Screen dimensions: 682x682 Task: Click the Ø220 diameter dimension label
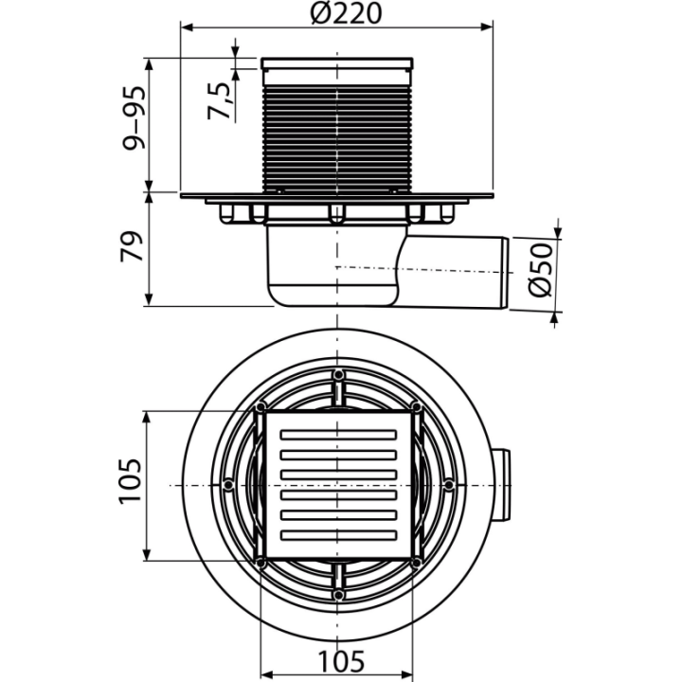(347, 13)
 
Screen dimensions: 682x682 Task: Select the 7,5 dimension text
(220, 100)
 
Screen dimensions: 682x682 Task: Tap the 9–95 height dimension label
(134, 118)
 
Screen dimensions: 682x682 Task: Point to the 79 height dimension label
(132, 246)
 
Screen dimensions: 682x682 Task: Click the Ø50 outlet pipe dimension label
(540, 270)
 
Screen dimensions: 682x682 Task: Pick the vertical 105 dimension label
(130, 481)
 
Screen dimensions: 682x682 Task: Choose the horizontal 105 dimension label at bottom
(341, 661)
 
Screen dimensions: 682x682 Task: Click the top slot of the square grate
(338, 435)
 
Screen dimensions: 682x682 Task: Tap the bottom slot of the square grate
(338, 535)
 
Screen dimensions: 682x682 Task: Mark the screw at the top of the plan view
(338, 374)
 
